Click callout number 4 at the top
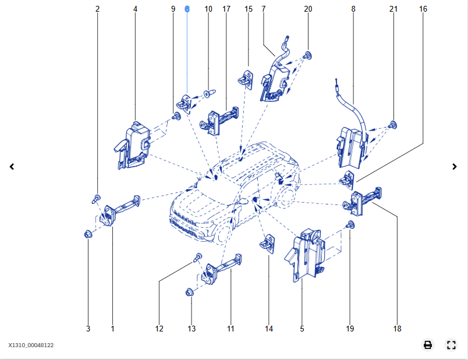pyautogui.click(x=135, y=9)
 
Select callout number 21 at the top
pyautogui.click(x=393, y=9)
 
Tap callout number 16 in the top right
pyautogui.click(x=423, y=9)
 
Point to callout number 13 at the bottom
pyautogui.click(x=192, y=329)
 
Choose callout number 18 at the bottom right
pyautogui.click(x=397, y=329)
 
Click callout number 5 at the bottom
pyautogui.click(x=302, y=329)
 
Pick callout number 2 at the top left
pyautogui.click(x=97, y=9)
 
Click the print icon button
pyautogui.click(x=428, y=345)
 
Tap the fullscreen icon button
pyautogui.click(x=451, y=345)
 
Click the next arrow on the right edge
pyautogui.click(x=455, y=167)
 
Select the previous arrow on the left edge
pyautogui.click(x=12, y=167)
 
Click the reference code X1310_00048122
pyautogui.click(x=31, y=345)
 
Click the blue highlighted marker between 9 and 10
pyautogui.click(x=187, y=9)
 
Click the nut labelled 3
pyautogui.click(x=88, y=234)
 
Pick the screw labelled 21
pyautogui.click(x=393, y=123)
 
